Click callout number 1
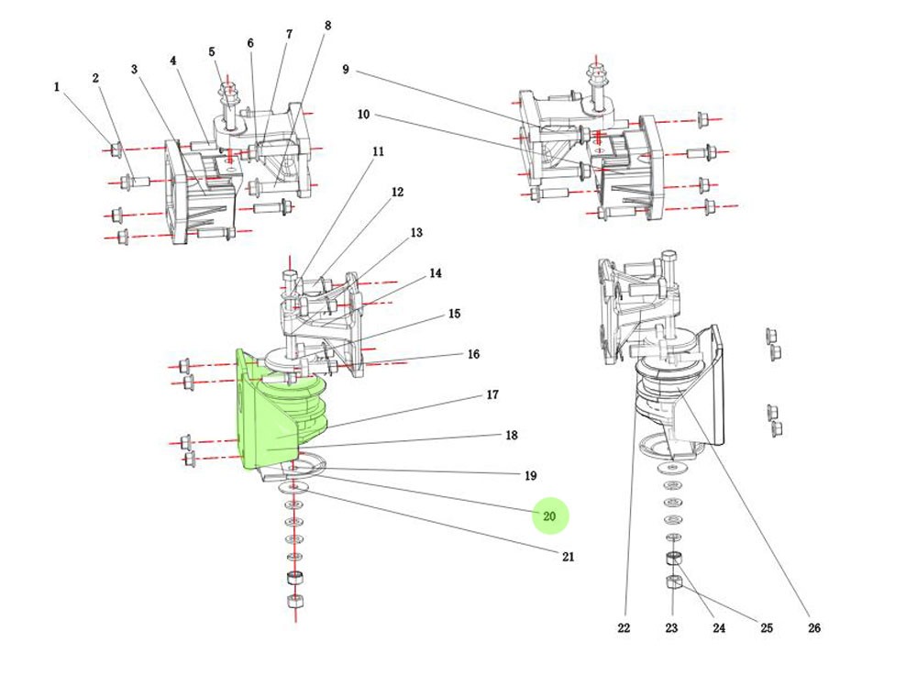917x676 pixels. pos(57,87)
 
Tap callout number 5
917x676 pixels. pos(212,52)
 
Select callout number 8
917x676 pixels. pos(327,26)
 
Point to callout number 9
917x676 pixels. pos(346,70)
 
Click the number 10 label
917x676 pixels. pos(363,115)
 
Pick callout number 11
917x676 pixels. pos(378,151)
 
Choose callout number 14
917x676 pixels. pos(435,273)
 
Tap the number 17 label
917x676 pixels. pos(492,395)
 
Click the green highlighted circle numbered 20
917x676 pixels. pos(550,516)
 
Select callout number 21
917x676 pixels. pos(569,557)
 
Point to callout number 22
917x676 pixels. pos(624,628)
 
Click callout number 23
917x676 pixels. pos(672,628)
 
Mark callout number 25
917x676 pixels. pos(767,628)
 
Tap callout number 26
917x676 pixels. pos(814,628)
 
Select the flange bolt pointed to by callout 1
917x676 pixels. pos(116,150)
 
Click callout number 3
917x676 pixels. pos(134,70)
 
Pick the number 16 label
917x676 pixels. pos(473,354)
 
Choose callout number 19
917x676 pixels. pos(530,476)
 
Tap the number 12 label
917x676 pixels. pos(397,193)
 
